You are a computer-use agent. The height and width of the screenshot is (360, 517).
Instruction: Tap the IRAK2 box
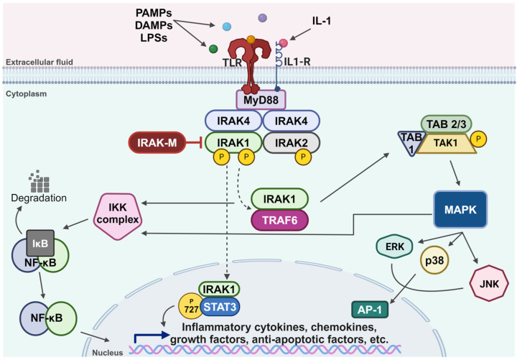coord(290,143)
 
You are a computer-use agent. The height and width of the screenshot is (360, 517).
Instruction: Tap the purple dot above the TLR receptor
coord(262,17)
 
